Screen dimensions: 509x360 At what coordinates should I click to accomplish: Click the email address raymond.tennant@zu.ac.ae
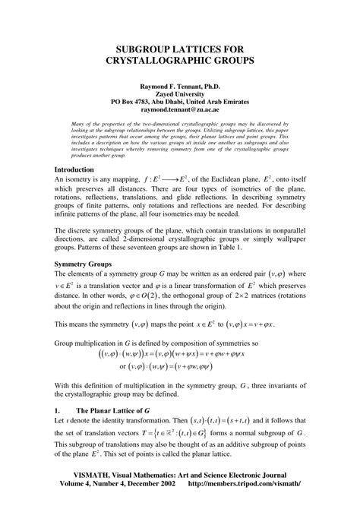click(180, 109)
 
